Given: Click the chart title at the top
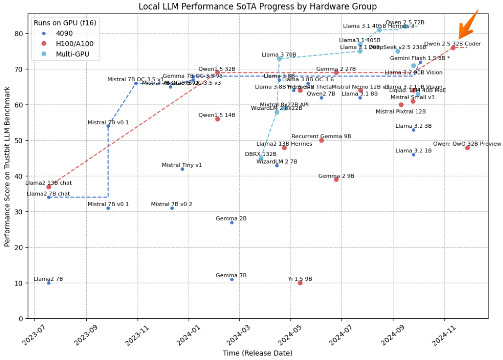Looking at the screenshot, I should coord(257,6).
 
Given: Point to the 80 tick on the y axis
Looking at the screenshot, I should coord(19,34).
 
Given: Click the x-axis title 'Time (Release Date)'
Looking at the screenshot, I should coord(257,353).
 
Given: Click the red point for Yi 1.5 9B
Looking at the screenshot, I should coord(300,283).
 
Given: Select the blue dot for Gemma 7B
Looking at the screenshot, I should coord(232,279).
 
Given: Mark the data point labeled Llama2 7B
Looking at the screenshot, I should coord(48,283).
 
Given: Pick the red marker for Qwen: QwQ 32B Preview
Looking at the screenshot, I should coord(467,148).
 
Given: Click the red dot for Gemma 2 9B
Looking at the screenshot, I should coord(336,180).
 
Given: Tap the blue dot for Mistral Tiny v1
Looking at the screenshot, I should coord(182,169).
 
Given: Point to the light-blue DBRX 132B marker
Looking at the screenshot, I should coord(261,158).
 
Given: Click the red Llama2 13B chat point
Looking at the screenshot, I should coord(48,187).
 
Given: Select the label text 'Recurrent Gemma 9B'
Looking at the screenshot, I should coord(321,136).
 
